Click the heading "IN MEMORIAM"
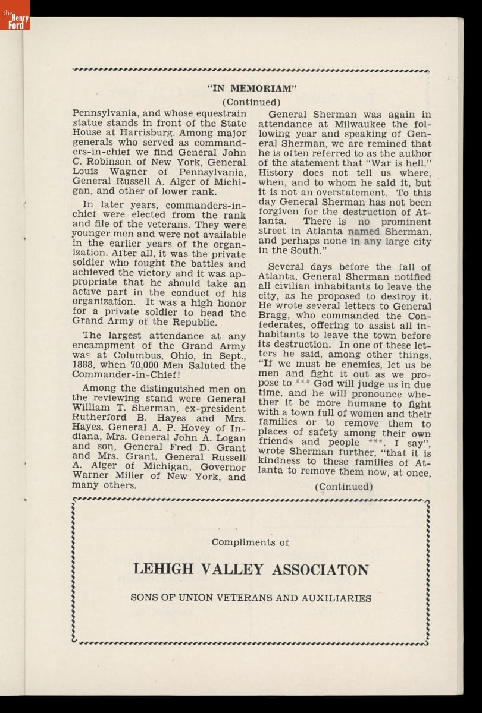tap(252, 89)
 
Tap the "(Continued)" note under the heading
tap(252, 102)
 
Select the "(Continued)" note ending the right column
tap(344, 487)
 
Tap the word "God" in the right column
tap(323, 383)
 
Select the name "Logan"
tap(226, 437)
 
